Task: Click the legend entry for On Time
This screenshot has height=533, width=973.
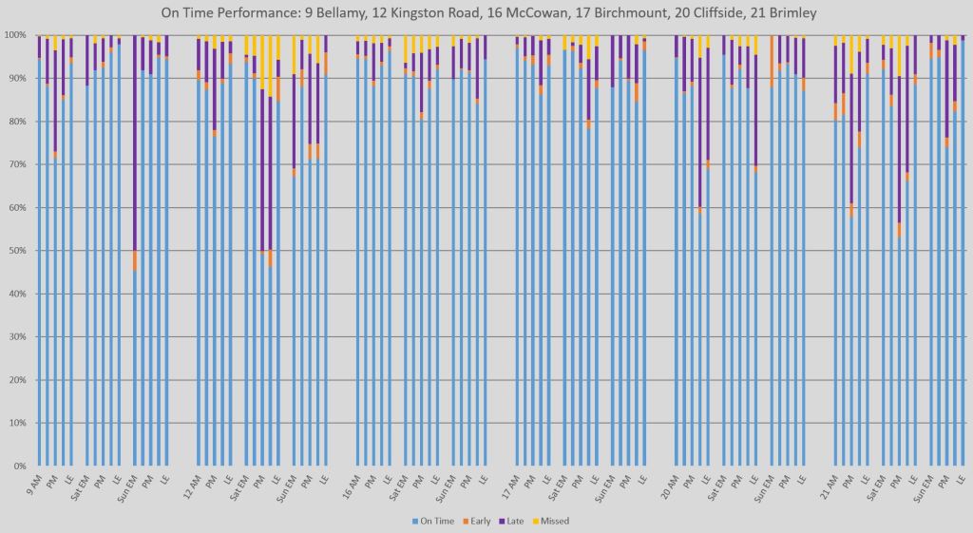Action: [x=434, y=521]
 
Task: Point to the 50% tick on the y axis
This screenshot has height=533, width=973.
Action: [x=16, y=251]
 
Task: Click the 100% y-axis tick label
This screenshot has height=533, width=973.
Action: [x=14, y=35]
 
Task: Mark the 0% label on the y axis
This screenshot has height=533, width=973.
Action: [x=19, y=466]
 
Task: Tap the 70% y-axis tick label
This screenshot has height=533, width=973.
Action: [x=16, y=164]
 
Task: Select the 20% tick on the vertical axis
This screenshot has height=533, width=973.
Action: [x=16, y=380]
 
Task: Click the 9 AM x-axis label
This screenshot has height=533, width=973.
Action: [x=35, y=485]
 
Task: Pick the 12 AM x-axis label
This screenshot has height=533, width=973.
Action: [x=192, y=486]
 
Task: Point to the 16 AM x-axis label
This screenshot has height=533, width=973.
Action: [x=352, y=486]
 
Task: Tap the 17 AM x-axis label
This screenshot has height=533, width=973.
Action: [x=511, y=486]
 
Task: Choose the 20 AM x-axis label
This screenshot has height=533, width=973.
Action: [x=670, y=486]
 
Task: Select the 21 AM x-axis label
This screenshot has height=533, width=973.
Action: [x=830, y=486]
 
